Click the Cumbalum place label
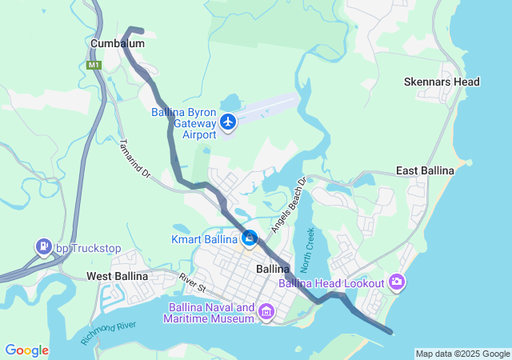(117, 43)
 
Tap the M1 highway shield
(94, 65)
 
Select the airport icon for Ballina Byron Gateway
(229, 122)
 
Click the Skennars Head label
(442, 82)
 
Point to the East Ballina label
(426, 171)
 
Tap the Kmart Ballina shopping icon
(250, 238)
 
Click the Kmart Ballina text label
(205, 239)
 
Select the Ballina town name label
(272, 269)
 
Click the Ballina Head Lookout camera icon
(397, 281)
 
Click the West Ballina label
(117, 276)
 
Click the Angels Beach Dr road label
(289, 205)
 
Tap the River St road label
(193, 282)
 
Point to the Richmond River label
(108, 331)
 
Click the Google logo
(26, 350)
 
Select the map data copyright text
(462, 354)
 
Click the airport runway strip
(268, 106)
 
